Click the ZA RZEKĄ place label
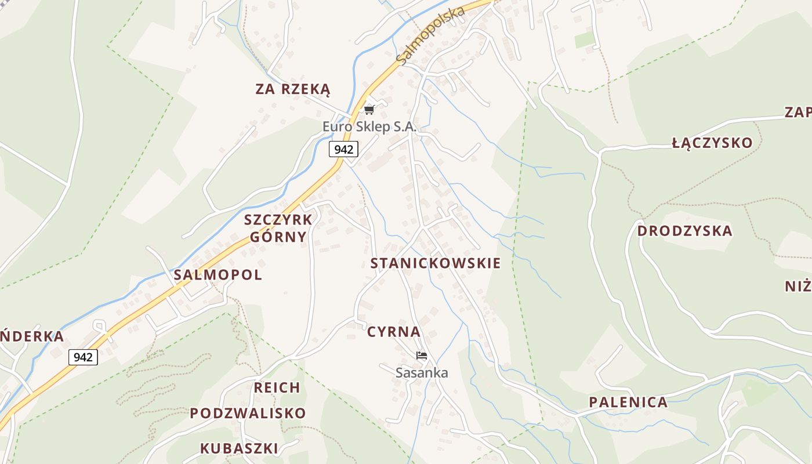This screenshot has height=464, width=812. (x=293, y=89)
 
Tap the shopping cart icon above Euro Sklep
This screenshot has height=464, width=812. (x=369, y=110)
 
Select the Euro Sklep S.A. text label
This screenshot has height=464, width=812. (x=369, y=126)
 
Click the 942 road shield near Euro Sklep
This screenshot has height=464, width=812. (x=343, y=149)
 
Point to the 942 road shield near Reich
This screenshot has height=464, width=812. (x=83, y=357)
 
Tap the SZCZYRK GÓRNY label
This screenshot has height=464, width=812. (x=278, y=228)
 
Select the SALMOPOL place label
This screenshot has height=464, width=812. (x=218, y=275)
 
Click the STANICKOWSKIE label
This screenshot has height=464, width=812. (x=436, y=263)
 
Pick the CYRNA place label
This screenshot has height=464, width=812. (x=394, y=332)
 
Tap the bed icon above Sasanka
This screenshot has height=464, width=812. (x=422, y=355)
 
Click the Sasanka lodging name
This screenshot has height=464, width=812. (x=422, y=372)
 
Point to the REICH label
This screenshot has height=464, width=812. (x=277, y=387)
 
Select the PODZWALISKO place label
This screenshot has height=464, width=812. (x=248, y=413)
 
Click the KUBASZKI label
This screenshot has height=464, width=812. (x=239, y=448)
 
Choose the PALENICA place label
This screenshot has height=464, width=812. (x=628, y=402)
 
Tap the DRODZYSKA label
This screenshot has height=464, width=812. (x=685, y=231)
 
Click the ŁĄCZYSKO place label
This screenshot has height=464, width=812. (x=712, y=143)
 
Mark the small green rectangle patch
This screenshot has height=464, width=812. (x=585, y=39)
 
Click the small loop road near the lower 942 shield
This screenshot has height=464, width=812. (x=99, y=325)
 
